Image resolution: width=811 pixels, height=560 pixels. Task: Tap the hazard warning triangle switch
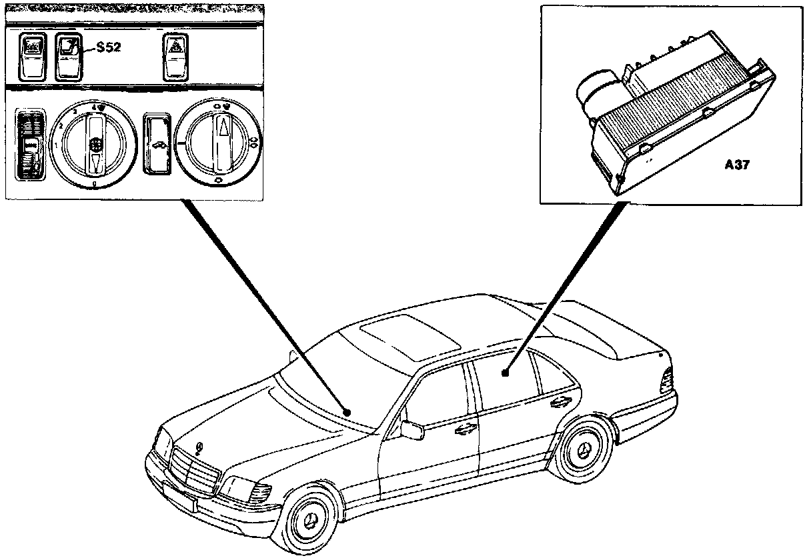[175, 57]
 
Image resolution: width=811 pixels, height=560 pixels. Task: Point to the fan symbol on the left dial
[96, 142]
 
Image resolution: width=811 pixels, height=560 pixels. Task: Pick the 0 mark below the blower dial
[95, 184]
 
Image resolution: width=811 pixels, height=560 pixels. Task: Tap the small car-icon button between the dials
[158, 143]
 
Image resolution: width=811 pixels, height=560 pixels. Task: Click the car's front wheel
[310, 519]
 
